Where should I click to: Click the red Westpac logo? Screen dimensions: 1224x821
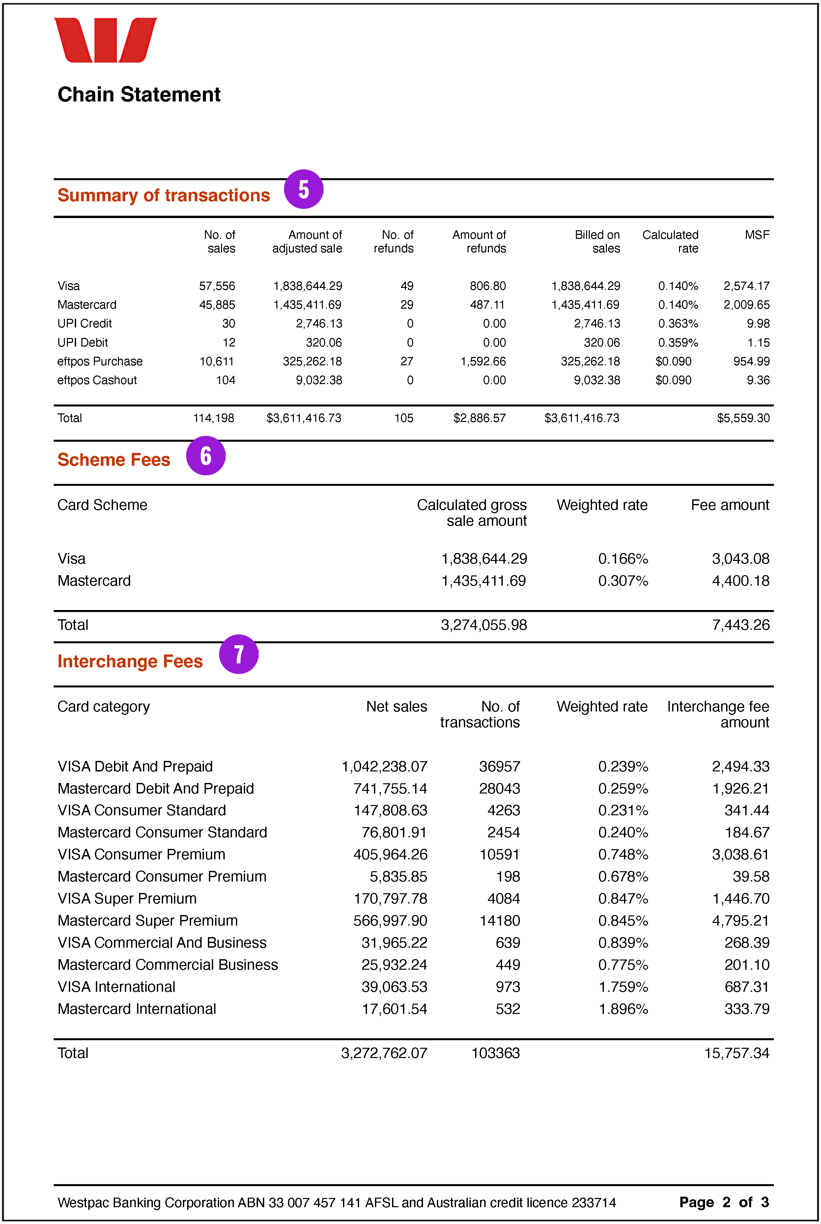(105, 40)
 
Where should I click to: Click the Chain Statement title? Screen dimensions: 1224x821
(139, 95)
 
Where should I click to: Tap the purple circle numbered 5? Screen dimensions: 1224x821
(304, 189)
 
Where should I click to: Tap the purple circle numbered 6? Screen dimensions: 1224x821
(206, 456)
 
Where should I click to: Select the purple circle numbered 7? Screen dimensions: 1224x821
(239, 654)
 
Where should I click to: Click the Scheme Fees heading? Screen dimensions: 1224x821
(114, 459)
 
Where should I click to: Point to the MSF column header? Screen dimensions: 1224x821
(757, 235)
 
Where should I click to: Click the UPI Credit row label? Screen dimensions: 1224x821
(84, 323)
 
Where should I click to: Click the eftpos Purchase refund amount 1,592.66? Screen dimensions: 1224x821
(483, 361)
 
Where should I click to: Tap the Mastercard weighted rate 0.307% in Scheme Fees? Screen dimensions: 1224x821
(623, 581)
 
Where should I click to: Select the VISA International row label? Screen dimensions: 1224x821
(116, 987)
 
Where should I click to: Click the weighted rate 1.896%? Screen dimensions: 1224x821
(623, 1009)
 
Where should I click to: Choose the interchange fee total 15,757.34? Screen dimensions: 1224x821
(736, 1053)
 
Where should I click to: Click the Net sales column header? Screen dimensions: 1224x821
(396, 707)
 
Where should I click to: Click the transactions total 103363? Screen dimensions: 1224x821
(495, 1053)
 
